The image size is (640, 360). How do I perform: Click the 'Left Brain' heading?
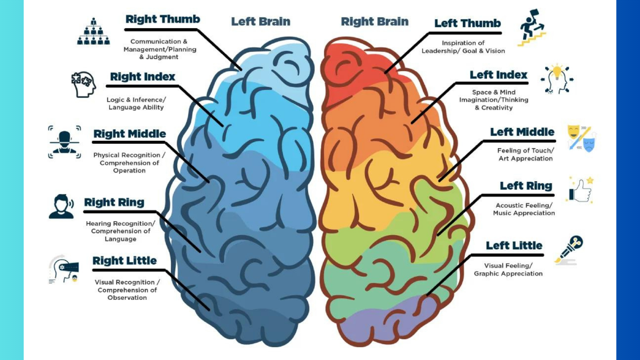click(x=261, y=22)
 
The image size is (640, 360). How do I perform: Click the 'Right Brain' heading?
click(x=374, y=22)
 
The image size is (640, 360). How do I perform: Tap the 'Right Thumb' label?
click(x=163, y=19)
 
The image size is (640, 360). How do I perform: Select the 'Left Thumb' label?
click(x=467, y=23)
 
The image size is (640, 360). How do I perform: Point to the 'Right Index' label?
click(x=143, y=77)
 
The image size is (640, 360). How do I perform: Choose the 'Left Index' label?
click(x=498, y=75)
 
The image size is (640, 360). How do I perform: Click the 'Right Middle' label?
click(x=130, y=134)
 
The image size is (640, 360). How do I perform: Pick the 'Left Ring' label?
click(x=526, y=186)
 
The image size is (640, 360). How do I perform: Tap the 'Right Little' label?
click(x=124, y=261)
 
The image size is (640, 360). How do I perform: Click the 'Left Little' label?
click(x=514, y=246)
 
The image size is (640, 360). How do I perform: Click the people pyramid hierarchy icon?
click(x=93, y=32)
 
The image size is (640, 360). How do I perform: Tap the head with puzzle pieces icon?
click(x=84, y=84)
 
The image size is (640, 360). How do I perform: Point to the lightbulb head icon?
click(x=557, y=79)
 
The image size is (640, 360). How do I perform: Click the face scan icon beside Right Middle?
click(x=64, y=142)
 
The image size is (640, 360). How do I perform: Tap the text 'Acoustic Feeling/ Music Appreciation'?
click(x=524, y=209)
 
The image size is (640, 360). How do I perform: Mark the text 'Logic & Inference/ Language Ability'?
click(x=136, y=104)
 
